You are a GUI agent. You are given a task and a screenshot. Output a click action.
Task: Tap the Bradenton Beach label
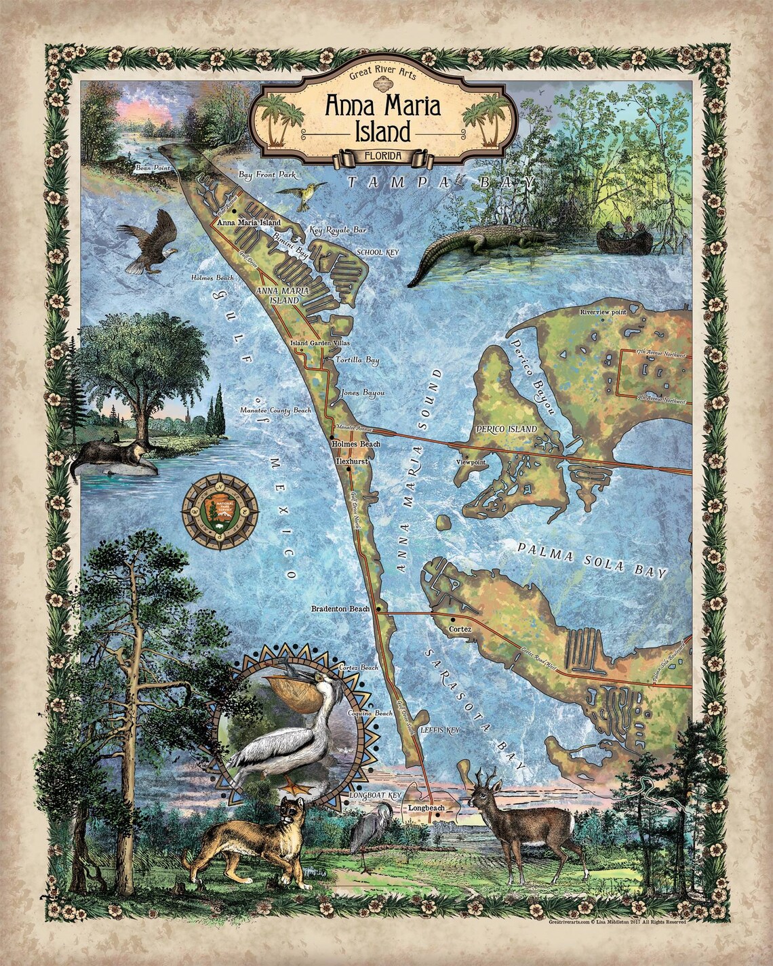tap(340, 609)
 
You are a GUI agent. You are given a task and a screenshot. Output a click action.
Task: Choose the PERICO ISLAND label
tap(506, 429)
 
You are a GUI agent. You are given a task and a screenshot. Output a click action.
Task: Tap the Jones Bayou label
tap(363, 393)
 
